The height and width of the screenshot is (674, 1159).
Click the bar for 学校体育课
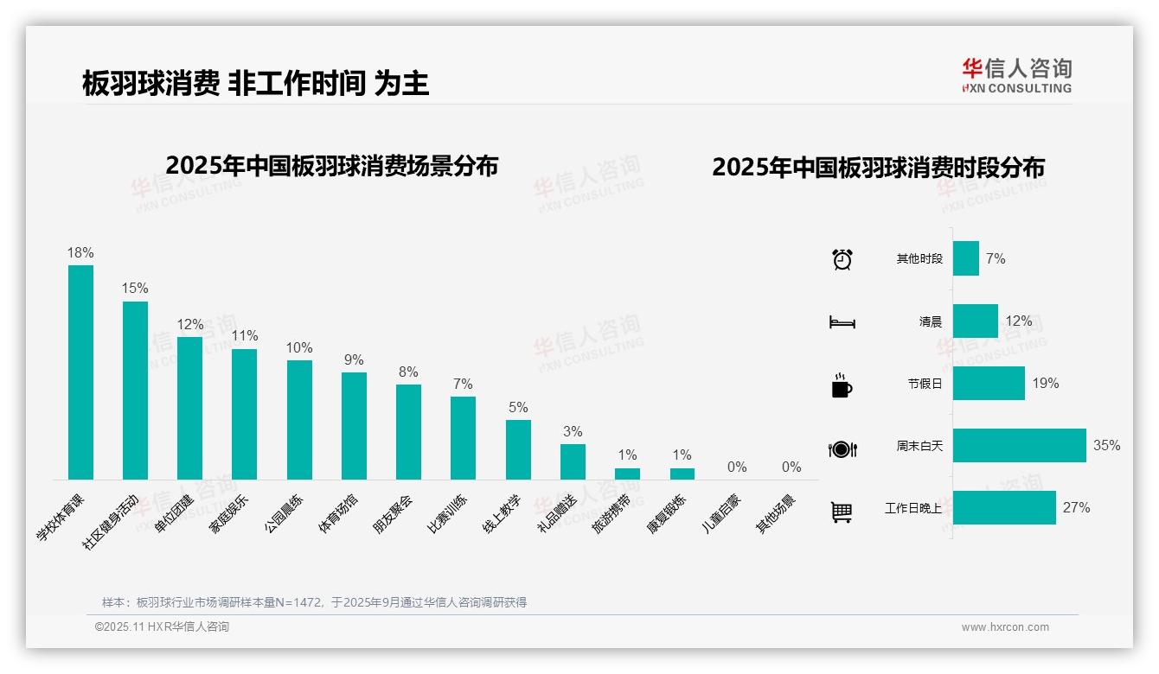coord(80,372)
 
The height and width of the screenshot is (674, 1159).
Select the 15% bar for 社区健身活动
coord(135,390)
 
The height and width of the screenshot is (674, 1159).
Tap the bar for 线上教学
coord(518,449)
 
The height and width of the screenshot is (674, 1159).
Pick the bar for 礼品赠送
coord(573,461)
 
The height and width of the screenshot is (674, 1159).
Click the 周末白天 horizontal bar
coord(1019,445)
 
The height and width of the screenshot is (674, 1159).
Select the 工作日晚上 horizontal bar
coord(1004,507)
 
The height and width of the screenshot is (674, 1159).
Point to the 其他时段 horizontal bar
coord(966,258)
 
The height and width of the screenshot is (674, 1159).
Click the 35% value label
coord(1106,445)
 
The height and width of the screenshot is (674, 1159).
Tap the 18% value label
coord(80,252)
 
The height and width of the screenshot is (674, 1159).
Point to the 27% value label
coord(1076,507)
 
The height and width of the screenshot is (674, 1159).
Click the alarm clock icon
coord(842,258)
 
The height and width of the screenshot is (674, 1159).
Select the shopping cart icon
coord(842,512)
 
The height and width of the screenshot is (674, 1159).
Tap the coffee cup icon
coord(842,385)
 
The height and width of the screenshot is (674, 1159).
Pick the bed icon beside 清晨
coord(842,322)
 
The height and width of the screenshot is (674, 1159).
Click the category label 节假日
coord(925,384)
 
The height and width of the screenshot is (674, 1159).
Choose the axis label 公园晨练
coord(285,513)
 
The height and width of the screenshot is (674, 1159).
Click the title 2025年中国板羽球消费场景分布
coord(331,165)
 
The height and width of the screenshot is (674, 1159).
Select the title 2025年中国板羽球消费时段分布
coord(878,167)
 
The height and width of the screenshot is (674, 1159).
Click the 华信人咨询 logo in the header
coord(1016,75)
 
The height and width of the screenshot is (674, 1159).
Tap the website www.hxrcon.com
coord(1005,627)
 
